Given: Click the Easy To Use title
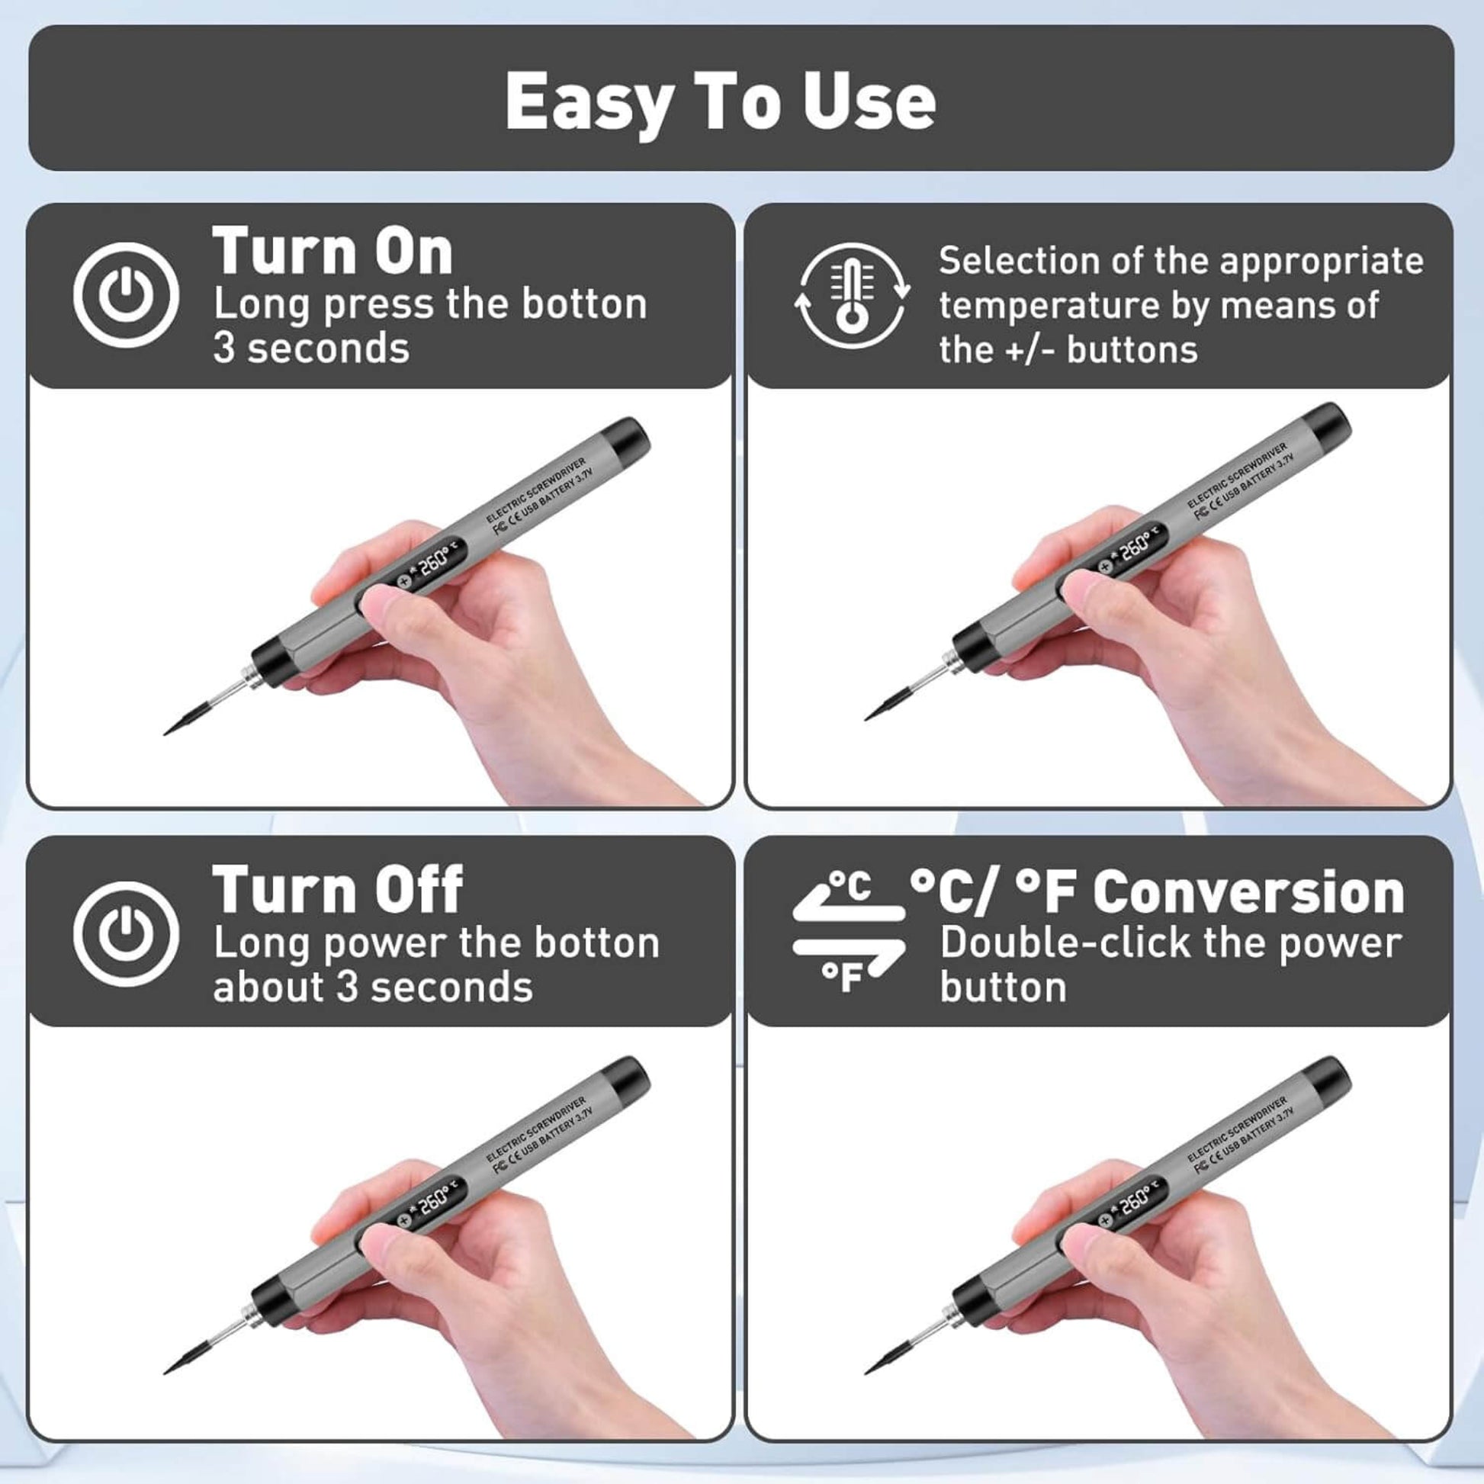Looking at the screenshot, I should click(x=720, y=101).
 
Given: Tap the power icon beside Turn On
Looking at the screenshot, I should click(x=126, y=295).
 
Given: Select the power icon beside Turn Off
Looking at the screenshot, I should click(x=126, y=933).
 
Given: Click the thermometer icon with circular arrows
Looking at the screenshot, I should click(x=851, y=296).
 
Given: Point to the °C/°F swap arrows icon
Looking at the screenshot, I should click(x=849, y=932).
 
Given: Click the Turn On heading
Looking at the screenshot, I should click(x=332, y=251).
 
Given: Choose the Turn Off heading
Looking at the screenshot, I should click(x=337, y=889).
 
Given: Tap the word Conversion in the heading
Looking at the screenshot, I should click(x=1248, y=892).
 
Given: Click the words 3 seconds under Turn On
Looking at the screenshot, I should click(x=311, y=348).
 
